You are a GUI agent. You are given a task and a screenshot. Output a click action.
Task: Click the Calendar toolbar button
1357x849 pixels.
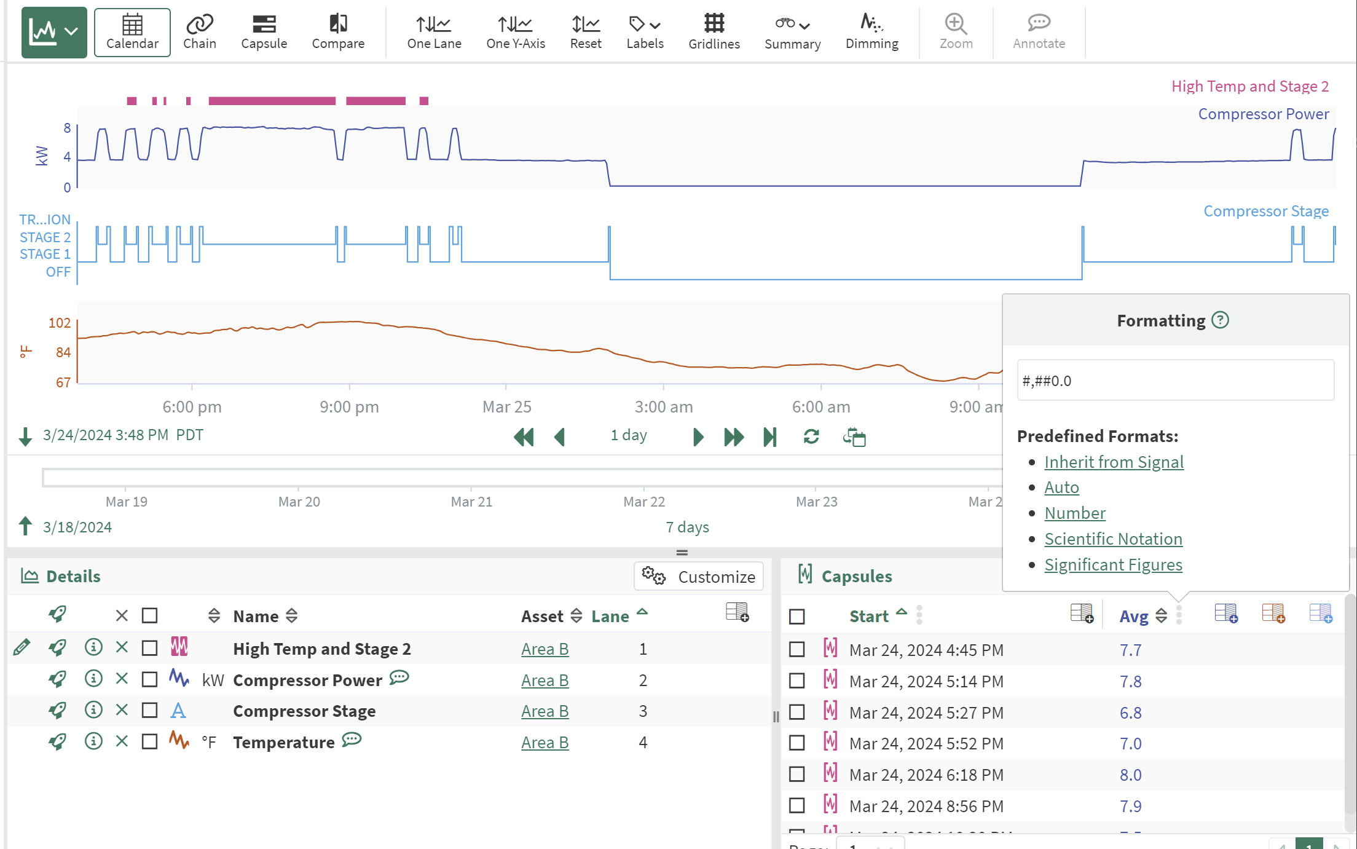[x=132, y=32]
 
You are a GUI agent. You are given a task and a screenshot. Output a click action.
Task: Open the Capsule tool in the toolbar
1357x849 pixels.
[x=264, y=32]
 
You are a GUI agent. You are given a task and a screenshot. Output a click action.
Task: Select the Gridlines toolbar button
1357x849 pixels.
[x=714, y=32]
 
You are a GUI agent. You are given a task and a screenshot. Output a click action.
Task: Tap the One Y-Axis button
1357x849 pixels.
[x=515, y=32]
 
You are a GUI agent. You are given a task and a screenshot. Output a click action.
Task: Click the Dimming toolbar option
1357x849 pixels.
[x=871, y=32]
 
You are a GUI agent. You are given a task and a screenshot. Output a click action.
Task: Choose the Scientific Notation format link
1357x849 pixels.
[x=1113, y=539]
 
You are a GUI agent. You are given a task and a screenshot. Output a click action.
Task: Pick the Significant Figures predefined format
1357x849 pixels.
[x=1113, y=565]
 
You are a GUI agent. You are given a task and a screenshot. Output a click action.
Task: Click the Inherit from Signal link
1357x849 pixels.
[x=1114, y=462]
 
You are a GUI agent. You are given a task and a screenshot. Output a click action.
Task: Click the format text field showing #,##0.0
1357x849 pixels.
[x=1175, y=381]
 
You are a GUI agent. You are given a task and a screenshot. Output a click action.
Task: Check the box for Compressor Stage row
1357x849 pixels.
[x=149, y=711]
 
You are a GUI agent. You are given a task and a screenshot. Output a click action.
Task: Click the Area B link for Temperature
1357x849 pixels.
[x=545, y=743]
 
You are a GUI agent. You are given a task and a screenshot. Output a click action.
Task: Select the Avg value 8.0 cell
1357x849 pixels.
[x=1130, y=775]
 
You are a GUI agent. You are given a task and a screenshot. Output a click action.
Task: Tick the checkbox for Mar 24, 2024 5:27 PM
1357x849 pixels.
[x=797, y=713]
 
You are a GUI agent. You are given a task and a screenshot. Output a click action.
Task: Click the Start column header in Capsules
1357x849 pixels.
[x=869, y=616]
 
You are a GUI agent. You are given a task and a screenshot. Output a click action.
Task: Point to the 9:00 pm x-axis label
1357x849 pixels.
[x=349, y=407]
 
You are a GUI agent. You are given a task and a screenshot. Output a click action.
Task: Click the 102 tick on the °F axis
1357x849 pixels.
[x=60, y=323]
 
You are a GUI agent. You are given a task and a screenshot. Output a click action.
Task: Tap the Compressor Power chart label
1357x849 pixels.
[x=1263, y=114]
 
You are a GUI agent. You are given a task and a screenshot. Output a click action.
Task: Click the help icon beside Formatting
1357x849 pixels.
[x=1220, y=320]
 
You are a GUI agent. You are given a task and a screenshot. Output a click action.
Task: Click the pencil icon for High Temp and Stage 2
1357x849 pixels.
[x=22, y=647]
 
